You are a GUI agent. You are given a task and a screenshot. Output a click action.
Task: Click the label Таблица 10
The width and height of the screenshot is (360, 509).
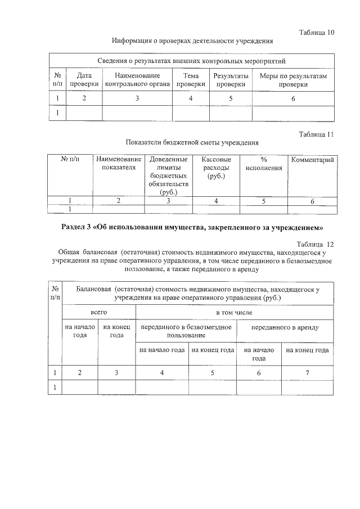pyautogui.click(x=315, y=31)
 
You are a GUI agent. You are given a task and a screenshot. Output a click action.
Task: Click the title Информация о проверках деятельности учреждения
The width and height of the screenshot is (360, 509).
pyautogui.click(x=192, y=41)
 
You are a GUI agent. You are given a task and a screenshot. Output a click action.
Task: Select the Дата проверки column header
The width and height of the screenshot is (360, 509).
pyautogui.click(x=84, y=79)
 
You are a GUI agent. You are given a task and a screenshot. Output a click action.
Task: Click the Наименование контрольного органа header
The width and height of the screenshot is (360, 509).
pyautogui.click(x=137, y=79)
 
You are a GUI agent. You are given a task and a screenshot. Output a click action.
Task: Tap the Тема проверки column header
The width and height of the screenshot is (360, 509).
pyautogui.click(x=191, y=79)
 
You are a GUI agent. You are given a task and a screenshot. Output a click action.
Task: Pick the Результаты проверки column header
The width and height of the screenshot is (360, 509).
pyautogui.click(x=231, y=79)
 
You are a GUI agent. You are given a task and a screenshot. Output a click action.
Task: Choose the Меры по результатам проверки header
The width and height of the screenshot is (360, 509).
pyautogui.click(x=293, y=79)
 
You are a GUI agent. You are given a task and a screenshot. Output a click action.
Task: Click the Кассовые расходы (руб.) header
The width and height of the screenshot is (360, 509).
pyautogui.click(x=215, y=168)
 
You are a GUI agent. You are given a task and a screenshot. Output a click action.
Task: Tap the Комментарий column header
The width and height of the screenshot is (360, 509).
pyautogui.click(x=312, y=160)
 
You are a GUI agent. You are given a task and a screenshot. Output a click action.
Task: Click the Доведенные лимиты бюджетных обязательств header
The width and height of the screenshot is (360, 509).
pyautogui.click(x=168, y=176)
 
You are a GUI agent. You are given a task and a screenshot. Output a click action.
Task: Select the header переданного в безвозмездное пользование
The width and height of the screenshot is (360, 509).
pyautogui.click(x=187, y=331)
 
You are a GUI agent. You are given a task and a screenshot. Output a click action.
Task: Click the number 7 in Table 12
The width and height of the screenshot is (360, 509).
pyautogui.click(x=307, y=372)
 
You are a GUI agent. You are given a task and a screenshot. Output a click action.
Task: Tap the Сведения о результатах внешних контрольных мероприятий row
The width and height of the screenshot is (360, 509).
pyautogui.click(x=192, y=60)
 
